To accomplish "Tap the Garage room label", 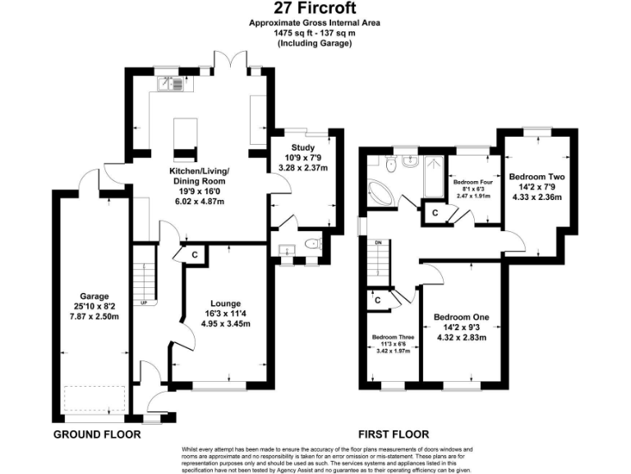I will (x=94, y=296).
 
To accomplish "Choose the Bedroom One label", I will (x=461, y=318).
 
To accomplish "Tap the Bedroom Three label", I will (x=392, y=337).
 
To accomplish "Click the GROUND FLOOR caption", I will (x=97, y=434).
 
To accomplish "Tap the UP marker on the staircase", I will (x=145, y=302).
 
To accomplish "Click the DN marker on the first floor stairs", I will (x=378, y=244).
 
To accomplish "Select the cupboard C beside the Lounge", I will (x=194, y=255).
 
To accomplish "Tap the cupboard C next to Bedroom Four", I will (x=434, y=213).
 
